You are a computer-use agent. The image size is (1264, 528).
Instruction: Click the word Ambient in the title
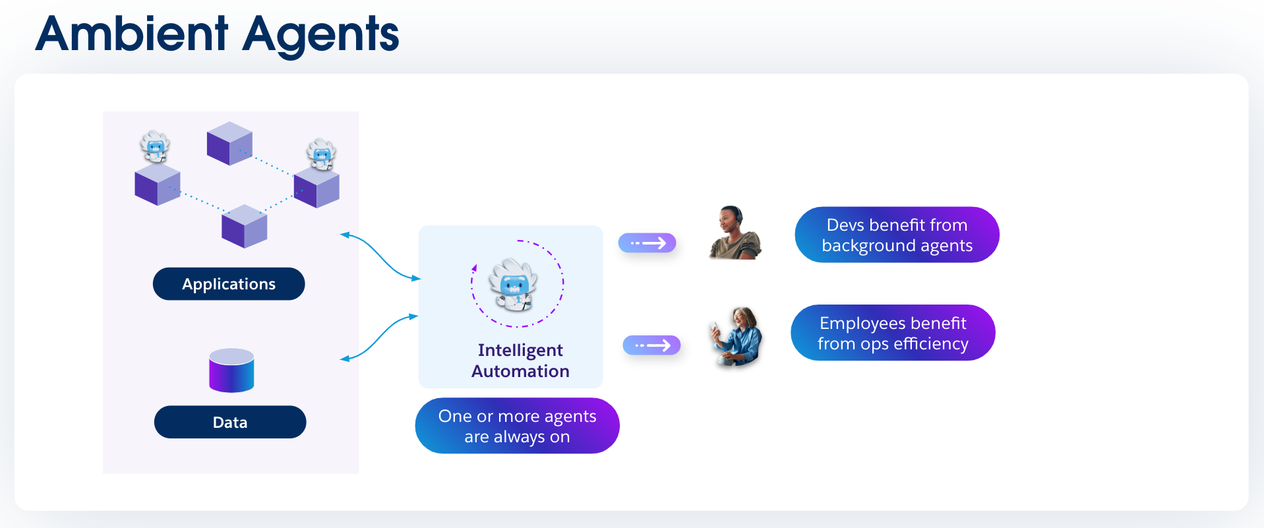point(132,34)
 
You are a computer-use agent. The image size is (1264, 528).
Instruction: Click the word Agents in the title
point(320,34)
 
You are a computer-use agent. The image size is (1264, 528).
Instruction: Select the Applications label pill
point(229,284)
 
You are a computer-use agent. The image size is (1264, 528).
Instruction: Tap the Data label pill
point(230,423)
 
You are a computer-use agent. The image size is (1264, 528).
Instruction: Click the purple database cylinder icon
point(231,371)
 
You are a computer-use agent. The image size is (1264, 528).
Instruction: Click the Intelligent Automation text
point(520,361)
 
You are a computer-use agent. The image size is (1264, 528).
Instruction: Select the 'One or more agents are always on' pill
point(517,426)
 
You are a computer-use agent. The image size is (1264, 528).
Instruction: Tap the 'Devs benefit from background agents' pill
point(897,235)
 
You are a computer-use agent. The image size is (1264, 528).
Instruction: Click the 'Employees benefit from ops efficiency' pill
point(893,334)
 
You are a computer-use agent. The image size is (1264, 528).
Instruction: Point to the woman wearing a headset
point(735,233)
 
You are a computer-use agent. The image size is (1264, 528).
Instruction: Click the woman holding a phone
point(737,336)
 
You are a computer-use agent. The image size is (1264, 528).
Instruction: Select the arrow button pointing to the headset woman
point(647,243)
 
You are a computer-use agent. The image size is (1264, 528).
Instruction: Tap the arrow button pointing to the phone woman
point(651,345)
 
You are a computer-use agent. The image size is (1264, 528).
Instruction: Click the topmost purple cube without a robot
point(229,143)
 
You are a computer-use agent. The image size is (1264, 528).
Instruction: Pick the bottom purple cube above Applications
point(245,226)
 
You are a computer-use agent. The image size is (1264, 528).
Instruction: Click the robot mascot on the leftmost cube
point(155,147)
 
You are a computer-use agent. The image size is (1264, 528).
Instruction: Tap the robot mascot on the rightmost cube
point(322,154)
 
